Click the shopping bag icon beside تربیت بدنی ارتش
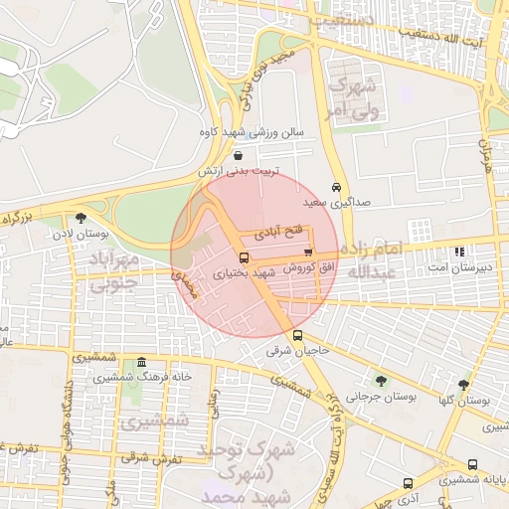238,155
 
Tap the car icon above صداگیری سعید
337,187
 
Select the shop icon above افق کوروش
308,253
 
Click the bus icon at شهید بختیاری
244,257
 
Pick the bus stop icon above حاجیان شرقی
297,335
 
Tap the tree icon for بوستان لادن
81,219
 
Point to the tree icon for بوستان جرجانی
381,381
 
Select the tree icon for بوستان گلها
464,384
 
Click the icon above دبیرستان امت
458,253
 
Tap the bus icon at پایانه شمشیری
473,464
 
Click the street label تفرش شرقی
154,459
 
